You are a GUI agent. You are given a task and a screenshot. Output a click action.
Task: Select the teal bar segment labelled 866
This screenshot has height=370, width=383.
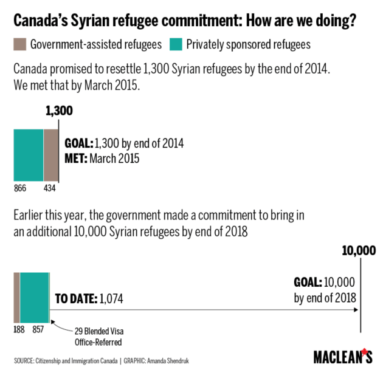coord(29,155)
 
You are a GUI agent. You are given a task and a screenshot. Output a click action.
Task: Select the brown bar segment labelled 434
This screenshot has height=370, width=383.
coord(51,155)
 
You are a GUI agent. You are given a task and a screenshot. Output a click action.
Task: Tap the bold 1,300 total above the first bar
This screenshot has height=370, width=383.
coord(59,111)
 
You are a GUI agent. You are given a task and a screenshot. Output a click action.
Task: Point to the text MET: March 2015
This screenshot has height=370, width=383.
coord(102,159)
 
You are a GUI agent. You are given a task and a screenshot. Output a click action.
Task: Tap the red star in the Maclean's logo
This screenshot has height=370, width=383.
coord(366,352)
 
